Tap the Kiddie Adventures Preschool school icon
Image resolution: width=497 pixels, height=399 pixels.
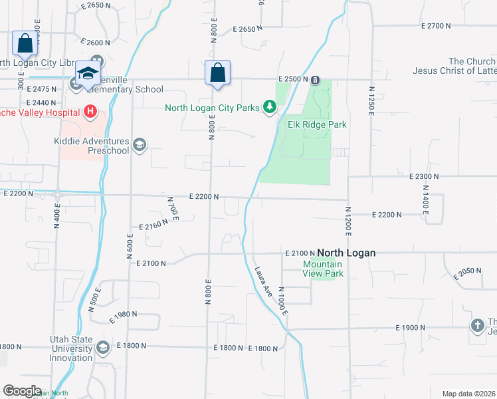point(139,145)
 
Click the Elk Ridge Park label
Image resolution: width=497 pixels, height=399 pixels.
point(317,124)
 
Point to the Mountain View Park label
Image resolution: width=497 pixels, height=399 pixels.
point(323,269)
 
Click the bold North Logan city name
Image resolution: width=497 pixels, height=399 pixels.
point(346,253)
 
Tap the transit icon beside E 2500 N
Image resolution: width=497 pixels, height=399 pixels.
point(315,79)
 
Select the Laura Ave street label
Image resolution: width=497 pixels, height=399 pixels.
point(264,283)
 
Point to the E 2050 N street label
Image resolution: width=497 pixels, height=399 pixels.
point(466,272)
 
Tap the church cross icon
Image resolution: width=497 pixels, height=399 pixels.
point(476,326)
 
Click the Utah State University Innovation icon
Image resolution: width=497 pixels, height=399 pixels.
point(102,347)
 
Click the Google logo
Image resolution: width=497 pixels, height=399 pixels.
point(22,391)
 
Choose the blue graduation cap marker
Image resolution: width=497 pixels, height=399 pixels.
point(87,74)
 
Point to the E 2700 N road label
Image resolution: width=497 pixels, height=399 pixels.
point(436,26)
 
